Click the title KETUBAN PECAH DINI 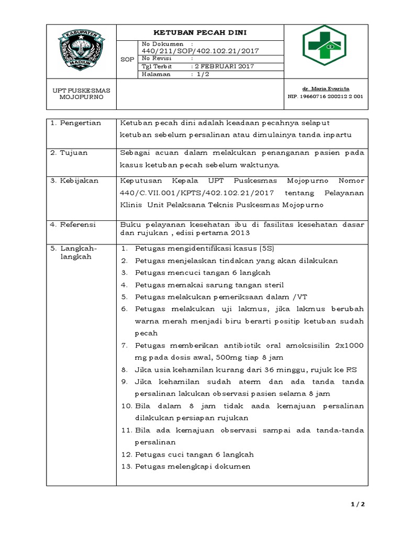click(199, 32)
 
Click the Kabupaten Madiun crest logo click(81, 51)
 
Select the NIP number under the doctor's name click(325, 96)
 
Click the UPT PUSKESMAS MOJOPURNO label click(81, 94)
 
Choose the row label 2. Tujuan click(69, 153)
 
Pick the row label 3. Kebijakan click(73, 181)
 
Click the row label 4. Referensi click(73, 224)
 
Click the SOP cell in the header click(127, 60)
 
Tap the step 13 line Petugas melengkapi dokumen click(193, 466)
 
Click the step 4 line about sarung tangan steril click(209, 285)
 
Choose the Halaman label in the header click(157, 74)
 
